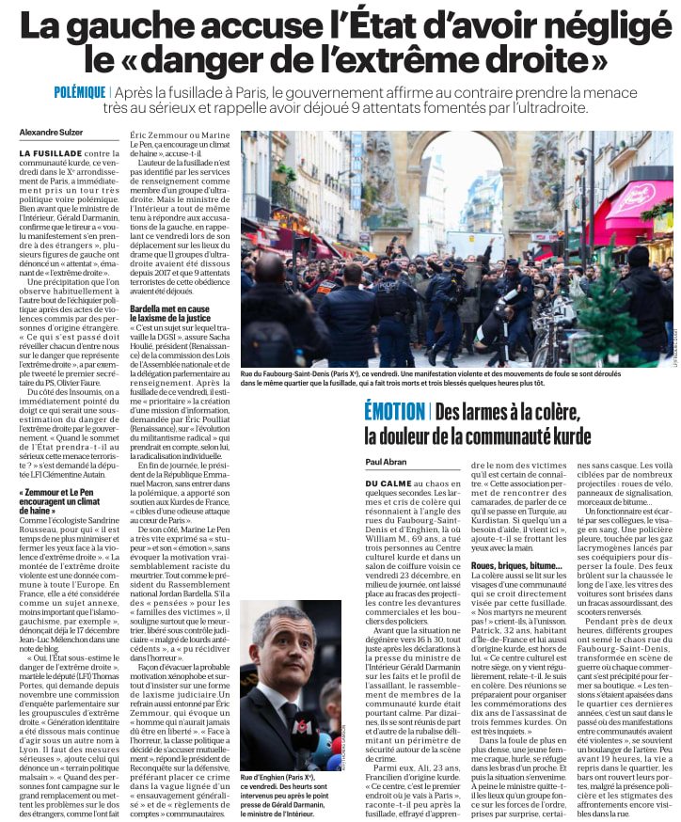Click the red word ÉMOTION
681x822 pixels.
(394, 411)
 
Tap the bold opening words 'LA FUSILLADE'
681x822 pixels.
(50, 152)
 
